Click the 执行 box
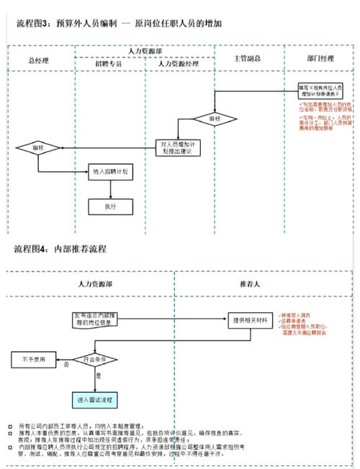(x=110, y=206)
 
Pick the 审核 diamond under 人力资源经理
(x=214, y=118)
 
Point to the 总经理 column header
(x=40, y=58)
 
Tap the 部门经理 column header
(x=320, y=58)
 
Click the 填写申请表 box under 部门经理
(x=321, y=91)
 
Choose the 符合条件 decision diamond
(x=95, y=358)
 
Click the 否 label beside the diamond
(x=66, y=365)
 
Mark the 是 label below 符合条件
(x=99, y=375)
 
